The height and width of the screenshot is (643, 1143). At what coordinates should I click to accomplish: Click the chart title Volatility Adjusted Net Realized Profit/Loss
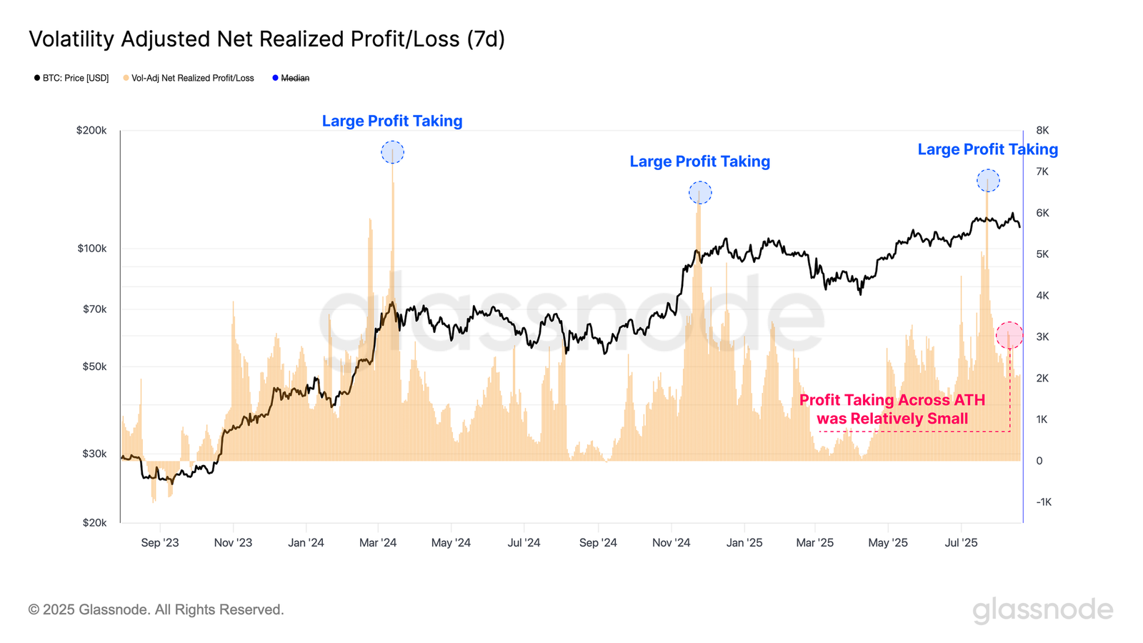[266, 39]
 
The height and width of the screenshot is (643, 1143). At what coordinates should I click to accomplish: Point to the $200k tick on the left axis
[91, 131]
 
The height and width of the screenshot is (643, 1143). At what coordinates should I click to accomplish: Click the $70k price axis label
[94, 309]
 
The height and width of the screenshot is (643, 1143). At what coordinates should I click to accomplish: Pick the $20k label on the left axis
[94, 523]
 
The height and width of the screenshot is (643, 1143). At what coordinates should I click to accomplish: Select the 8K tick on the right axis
[1042, 131]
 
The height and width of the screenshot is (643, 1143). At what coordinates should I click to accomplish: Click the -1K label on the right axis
[1043, 502]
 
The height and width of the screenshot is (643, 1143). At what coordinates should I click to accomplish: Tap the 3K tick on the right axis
[1042, 337]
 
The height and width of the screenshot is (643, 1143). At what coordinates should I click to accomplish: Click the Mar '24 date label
[378, 543]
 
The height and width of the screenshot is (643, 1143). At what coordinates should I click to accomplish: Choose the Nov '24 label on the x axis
[671, 543]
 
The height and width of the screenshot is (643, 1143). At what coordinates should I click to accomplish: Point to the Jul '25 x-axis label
[961, 543]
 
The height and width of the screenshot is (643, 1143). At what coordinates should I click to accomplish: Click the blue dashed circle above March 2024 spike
[392, 152]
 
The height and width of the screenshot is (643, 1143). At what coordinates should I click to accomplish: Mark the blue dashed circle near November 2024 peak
[700, 193]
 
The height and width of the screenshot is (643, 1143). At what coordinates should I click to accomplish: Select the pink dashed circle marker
[1009, 335]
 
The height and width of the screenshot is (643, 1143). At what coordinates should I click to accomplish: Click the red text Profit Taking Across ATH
[892, 400]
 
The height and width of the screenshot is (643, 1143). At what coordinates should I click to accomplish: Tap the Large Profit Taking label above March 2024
[392, 121]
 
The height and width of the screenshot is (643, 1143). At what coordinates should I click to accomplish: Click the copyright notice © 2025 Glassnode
[156, 609]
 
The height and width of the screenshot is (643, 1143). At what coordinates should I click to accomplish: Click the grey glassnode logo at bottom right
[1042, 610]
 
